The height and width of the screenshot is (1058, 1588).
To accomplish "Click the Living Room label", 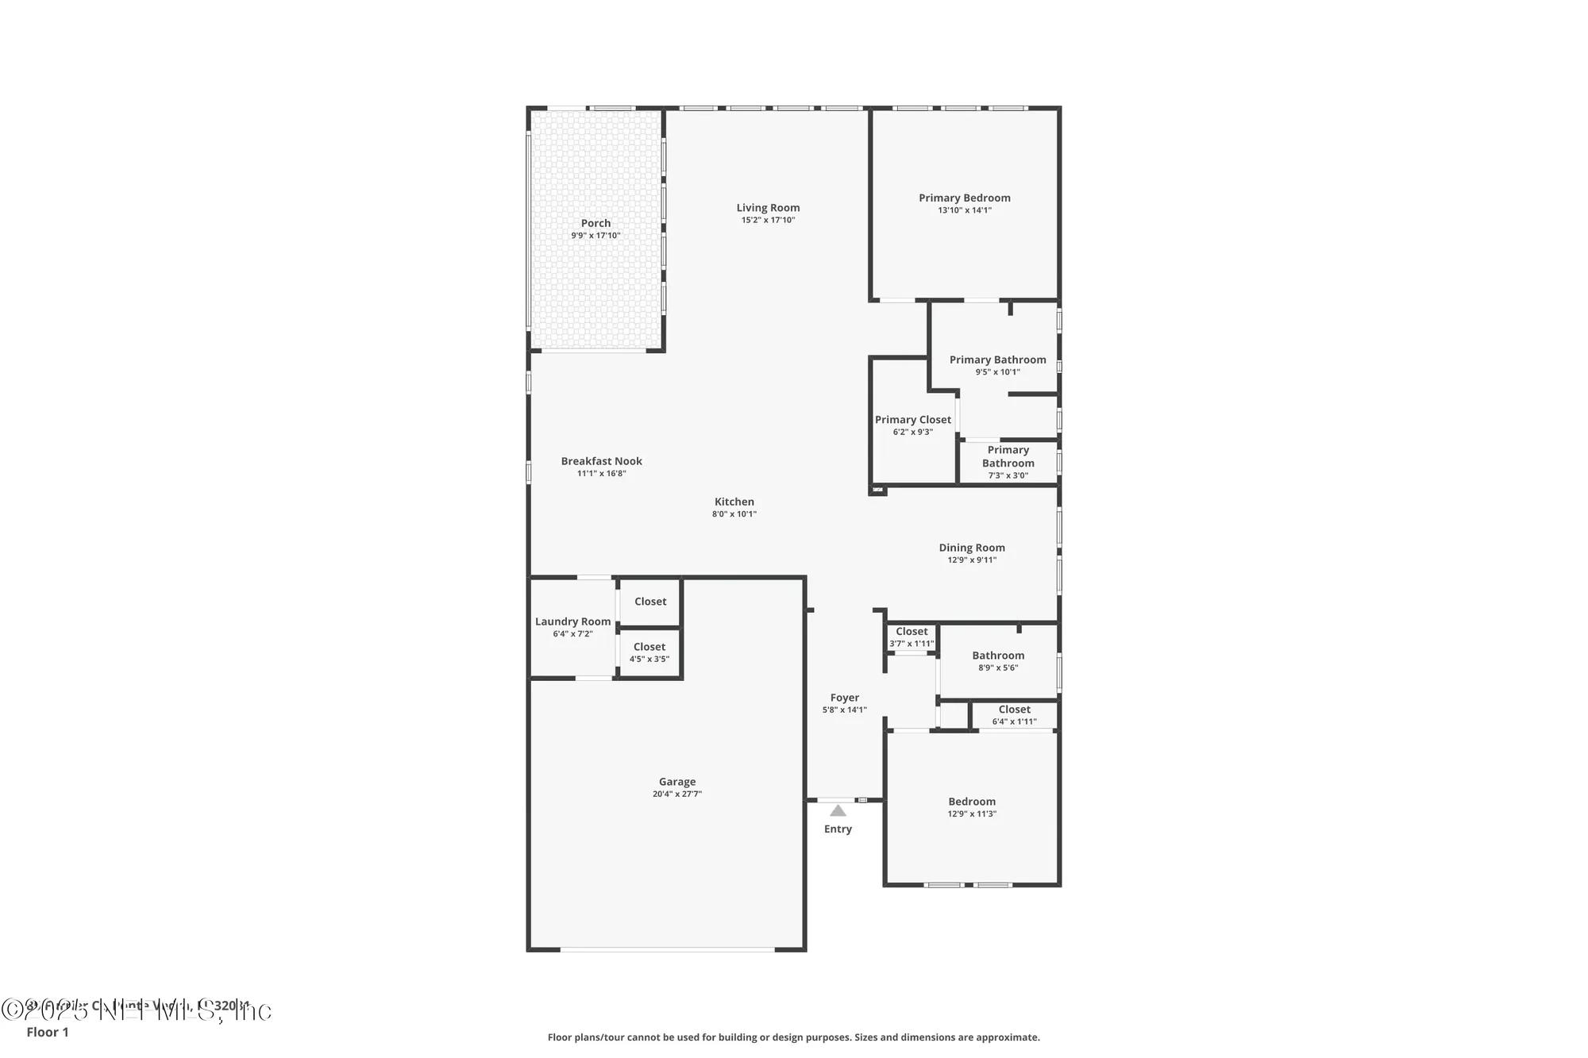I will [768, 208].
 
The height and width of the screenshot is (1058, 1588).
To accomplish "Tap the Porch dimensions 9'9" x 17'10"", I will [595, 236].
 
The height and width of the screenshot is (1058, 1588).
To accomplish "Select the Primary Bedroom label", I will [965, 198].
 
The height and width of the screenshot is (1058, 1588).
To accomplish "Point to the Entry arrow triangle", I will [838, 811].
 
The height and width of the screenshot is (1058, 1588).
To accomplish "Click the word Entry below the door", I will [838, 829].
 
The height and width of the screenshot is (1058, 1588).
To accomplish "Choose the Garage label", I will [677, 782].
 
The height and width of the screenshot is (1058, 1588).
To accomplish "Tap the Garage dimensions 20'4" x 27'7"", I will [677, 794].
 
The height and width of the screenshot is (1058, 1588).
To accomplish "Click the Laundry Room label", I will [572, 621].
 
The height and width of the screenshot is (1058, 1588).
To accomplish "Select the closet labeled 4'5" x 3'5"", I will [649, 652].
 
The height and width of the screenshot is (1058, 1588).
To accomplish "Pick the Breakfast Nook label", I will [601, 461].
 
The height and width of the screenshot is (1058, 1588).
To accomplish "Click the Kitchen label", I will [734, 502].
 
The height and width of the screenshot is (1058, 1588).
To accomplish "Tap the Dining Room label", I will [972, 548].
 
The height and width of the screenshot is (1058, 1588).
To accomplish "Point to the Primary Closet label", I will [912, 420].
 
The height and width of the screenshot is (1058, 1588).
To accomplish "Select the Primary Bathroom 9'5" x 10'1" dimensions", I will [997, 372].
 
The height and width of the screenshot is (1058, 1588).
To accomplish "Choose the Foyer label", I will [845, 698].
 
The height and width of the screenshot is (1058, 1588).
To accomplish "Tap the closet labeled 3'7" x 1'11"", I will [912, 637].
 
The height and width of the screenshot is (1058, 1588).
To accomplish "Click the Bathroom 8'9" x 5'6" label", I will [998, 656].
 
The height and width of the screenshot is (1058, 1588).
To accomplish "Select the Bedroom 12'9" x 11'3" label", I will [972, 802].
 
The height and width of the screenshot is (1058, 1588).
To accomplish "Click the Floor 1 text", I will [48, 1032].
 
